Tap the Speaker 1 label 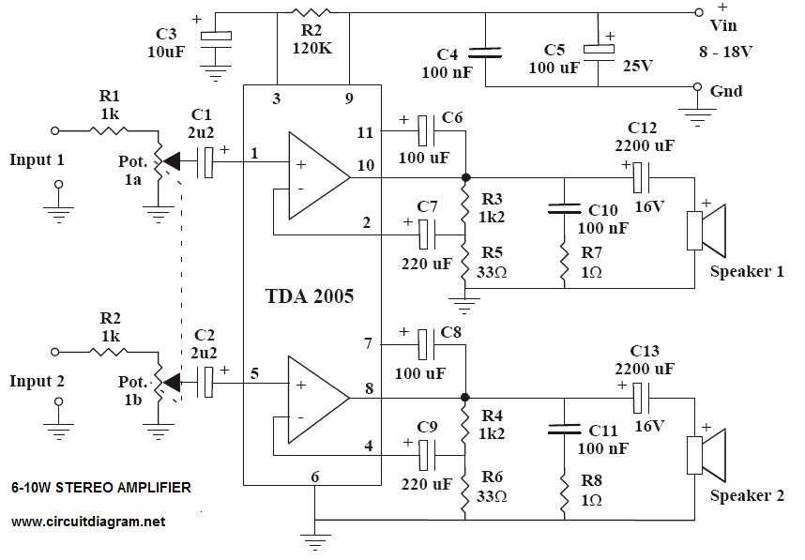pos(747,272)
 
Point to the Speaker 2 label pos(747,496)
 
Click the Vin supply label pos(725,26)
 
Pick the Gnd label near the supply pos(727,91)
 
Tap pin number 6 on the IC pos(314,477)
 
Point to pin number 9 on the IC pos(348,98)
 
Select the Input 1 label pos(37,159)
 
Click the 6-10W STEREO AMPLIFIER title pos(101,487)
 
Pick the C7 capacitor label pos(428,205)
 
